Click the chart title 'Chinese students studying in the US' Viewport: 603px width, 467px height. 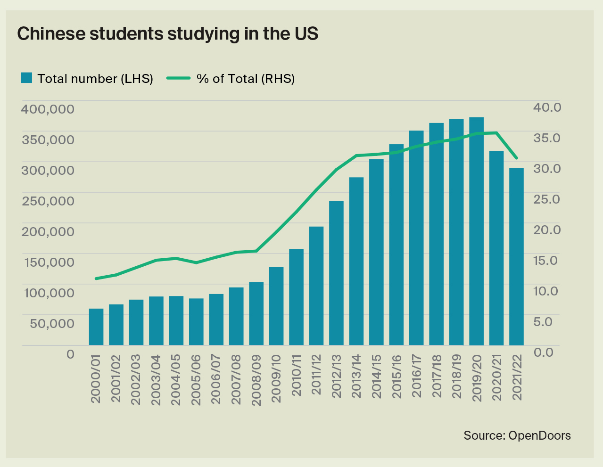coord(167,34)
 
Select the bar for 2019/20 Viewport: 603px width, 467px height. coord(476,231)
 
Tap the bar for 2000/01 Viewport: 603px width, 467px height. coord(96,327)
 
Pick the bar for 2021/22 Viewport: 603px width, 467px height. coord(516,256)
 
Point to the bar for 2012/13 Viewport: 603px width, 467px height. coord(336,273)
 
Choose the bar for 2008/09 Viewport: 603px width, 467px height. coord(256,313)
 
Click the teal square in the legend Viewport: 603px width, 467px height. coord(26,78)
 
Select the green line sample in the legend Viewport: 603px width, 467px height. coord(179,78)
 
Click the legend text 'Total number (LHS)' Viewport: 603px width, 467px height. coord(95,79)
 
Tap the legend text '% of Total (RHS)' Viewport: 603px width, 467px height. coord(246,79)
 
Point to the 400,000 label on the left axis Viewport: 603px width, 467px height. coord(48,109)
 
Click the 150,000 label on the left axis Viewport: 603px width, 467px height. coord(48,262)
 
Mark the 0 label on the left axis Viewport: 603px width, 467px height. coord(70,353)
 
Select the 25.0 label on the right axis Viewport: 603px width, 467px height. coord(546,199)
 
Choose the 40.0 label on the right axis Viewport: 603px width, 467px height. coord(547,107)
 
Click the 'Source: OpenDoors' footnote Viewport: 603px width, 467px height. coord(517,435)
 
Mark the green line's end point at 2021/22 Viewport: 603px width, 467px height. coord(517,158)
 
